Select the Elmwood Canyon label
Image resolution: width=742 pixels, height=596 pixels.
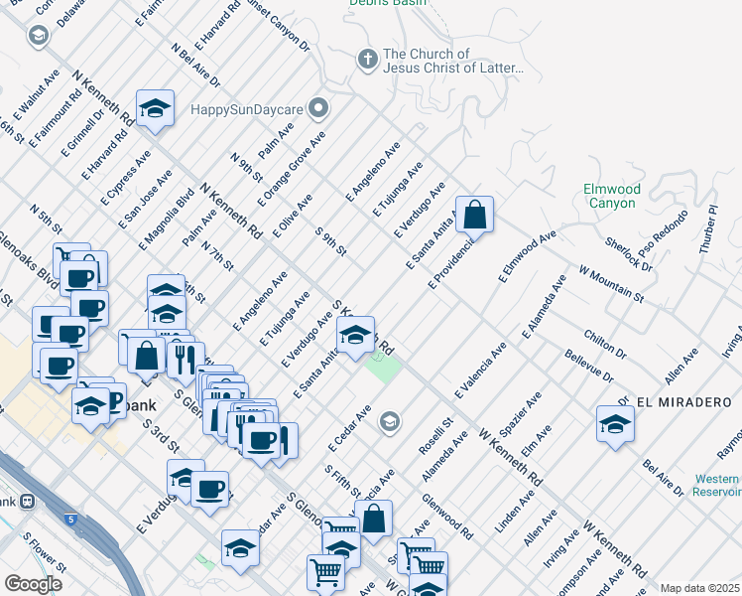tap(611, 196)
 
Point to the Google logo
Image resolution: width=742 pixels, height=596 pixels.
tap(33, 584)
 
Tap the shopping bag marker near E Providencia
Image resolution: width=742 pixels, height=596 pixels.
tap(475, 215)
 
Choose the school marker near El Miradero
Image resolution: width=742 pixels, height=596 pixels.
tap(615, 423)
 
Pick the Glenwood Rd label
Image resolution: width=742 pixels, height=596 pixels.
tap(447, 517)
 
